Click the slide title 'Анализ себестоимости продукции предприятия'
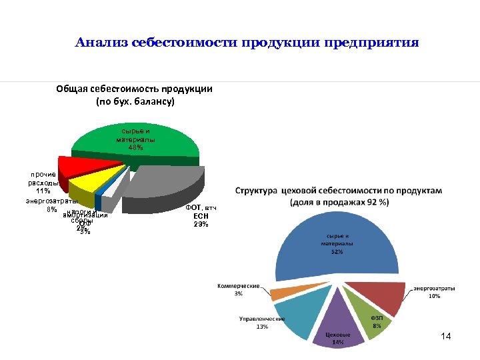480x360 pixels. coord(247,44)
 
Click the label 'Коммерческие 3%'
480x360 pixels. coord(238,290)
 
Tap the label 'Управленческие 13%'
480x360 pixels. coord(262,323)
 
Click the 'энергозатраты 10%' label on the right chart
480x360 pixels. coord(435,292)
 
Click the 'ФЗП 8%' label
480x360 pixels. coord(377,322)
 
